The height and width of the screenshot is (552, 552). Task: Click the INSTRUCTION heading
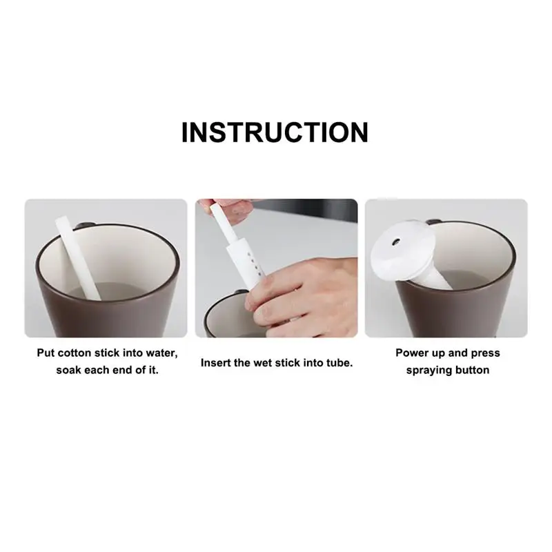tap(275, 131)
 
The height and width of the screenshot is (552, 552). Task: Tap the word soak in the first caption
tap(70, 371)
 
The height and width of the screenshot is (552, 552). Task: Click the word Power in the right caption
tap(413, 353)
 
